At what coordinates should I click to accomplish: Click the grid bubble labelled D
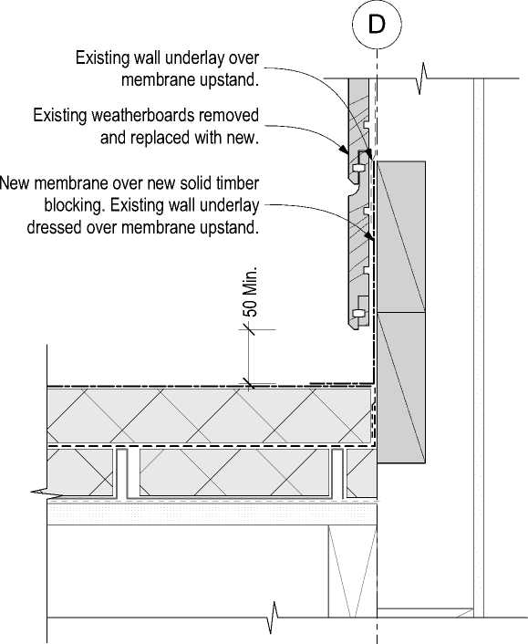click(377, 25)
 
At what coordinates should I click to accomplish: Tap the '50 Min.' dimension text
click(252, 292)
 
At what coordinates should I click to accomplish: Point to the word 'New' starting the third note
click(15, 183)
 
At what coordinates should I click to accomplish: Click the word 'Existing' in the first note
click(102, 57)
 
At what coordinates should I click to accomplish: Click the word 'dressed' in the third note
click(54, 227)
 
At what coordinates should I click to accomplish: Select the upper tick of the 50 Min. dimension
click(248, 329)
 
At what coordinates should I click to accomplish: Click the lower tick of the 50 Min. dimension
click(248, 383)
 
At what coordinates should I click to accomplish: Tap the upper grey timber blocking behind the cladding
click(401, 237)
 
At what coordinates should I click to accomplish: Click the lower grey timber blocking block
click(401, 388)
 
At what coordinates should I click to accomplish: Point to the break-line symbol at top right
click(422, 78)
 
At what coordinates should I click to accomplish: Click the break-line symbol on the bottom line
click(273, 618)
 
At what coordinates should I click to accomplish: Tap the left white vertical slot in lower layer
click(122, 474)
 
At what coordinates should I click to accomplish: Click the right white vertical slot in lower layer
click(337, 474)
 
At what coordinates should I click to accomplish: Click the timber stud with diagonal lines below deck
click(352, 571)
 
